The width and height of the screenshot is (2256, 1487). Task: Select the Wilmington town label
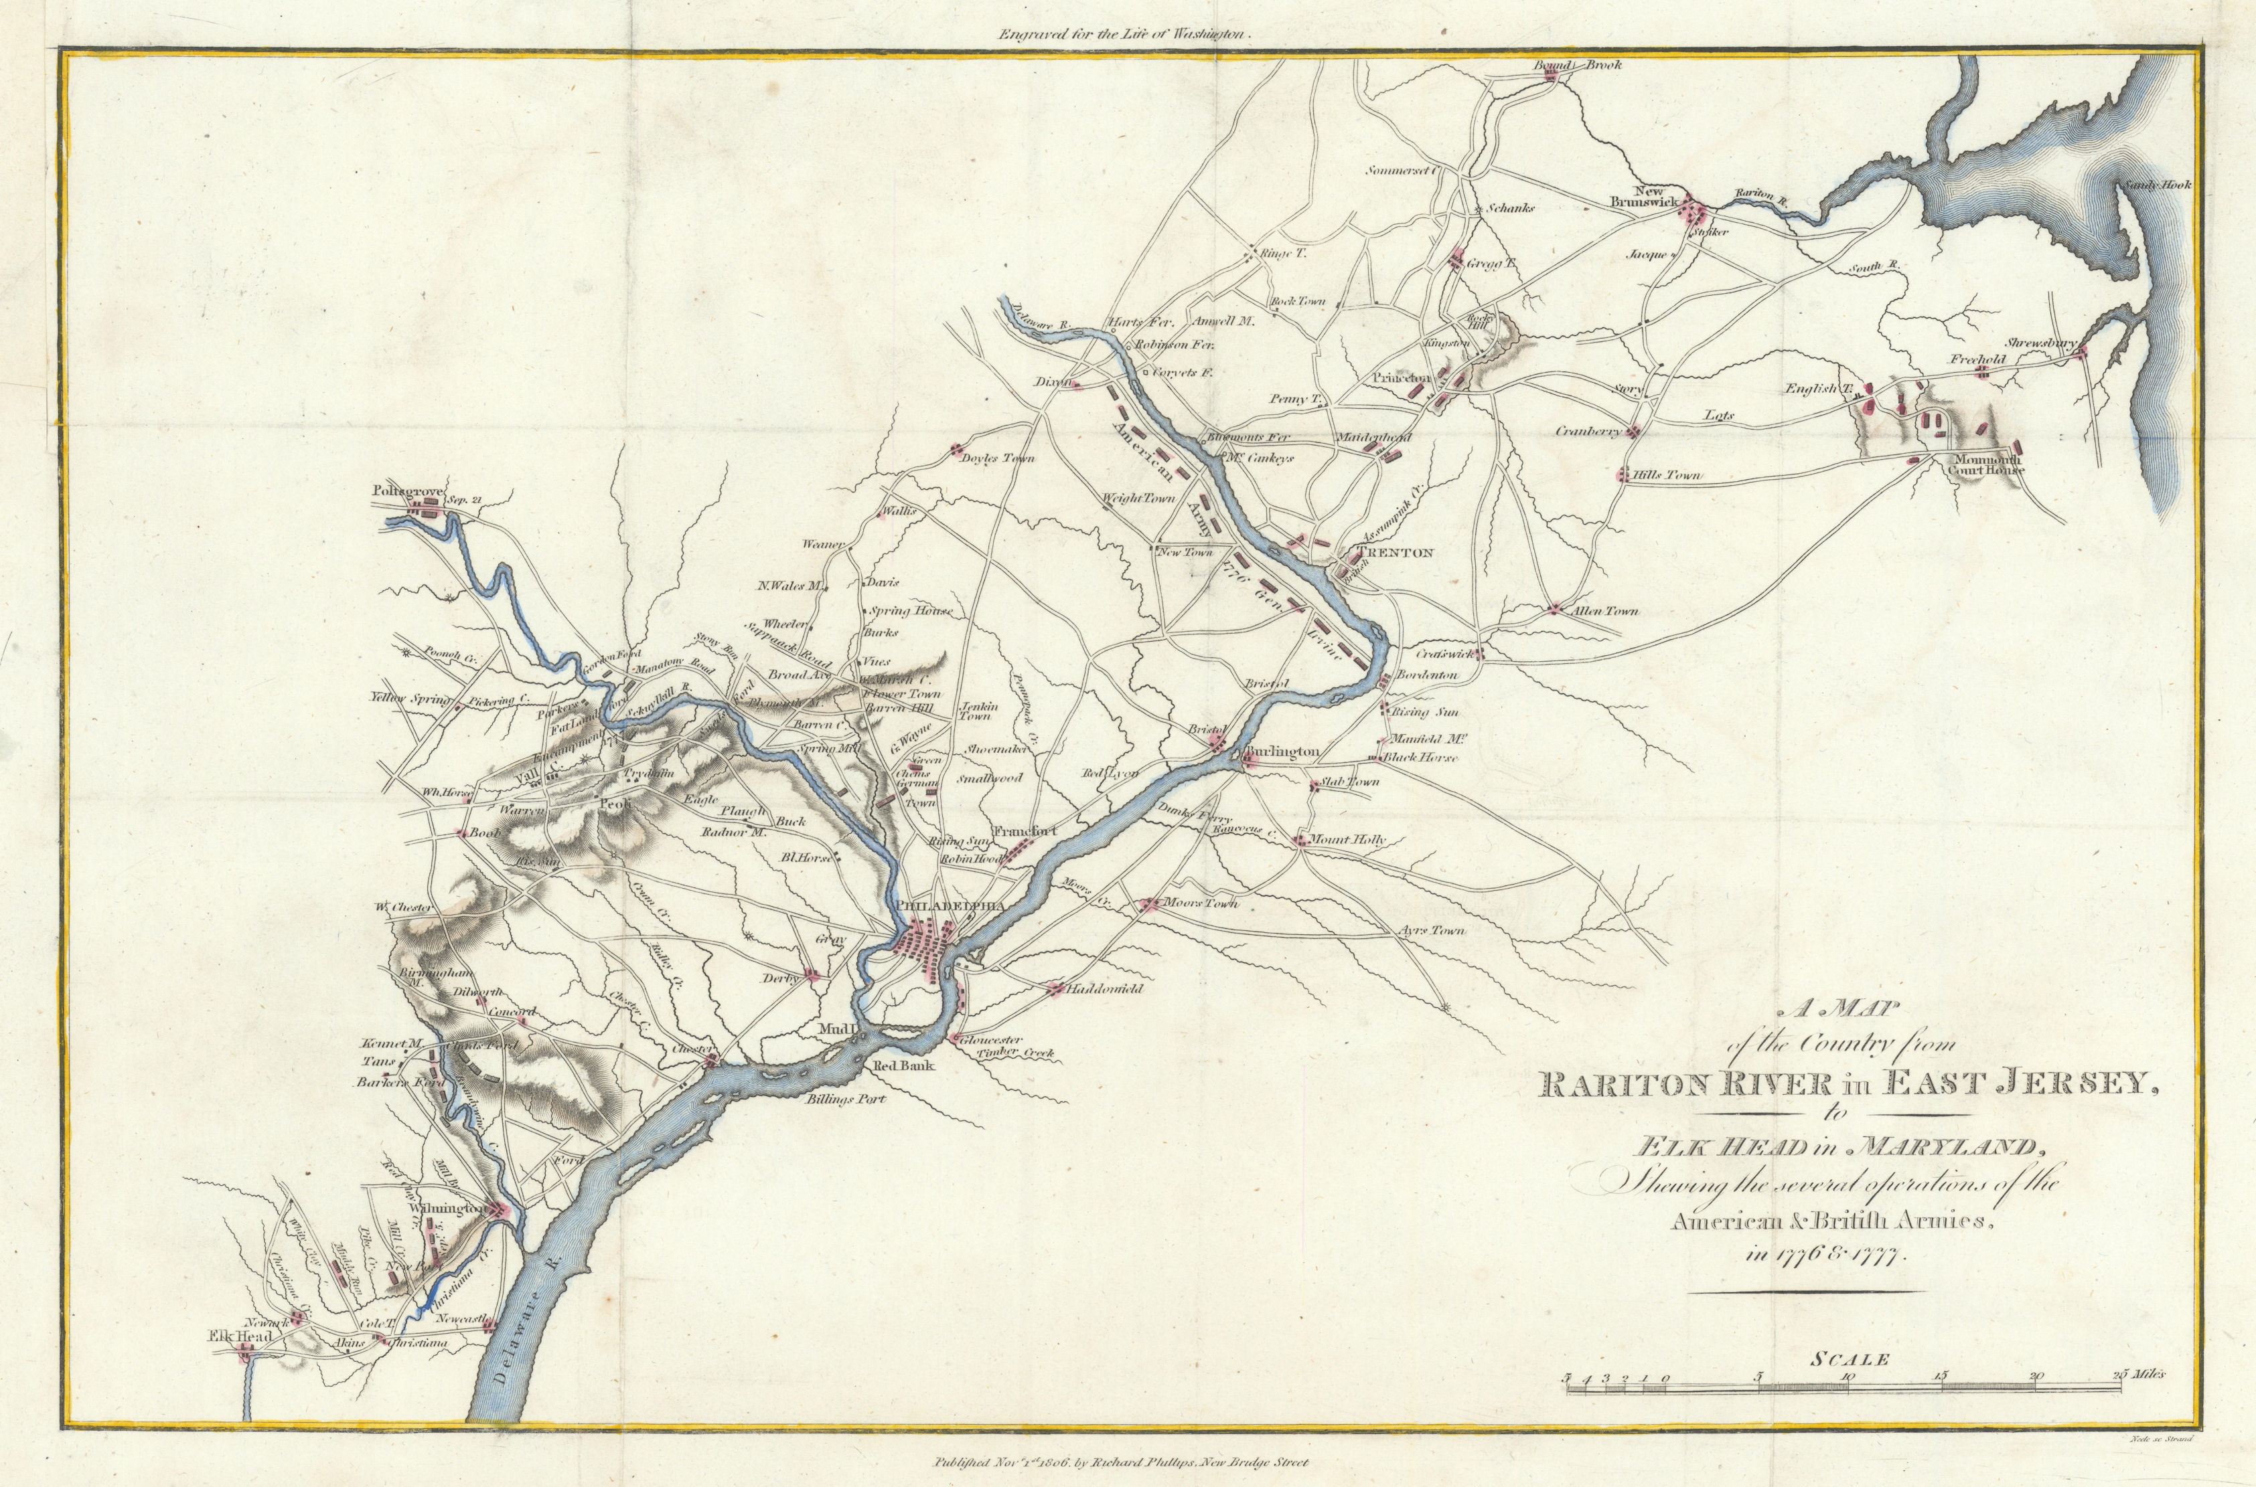click(x=447, y=1209)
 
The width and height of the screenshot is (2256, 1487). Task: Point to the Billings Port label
click(x=842, y=1101)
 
